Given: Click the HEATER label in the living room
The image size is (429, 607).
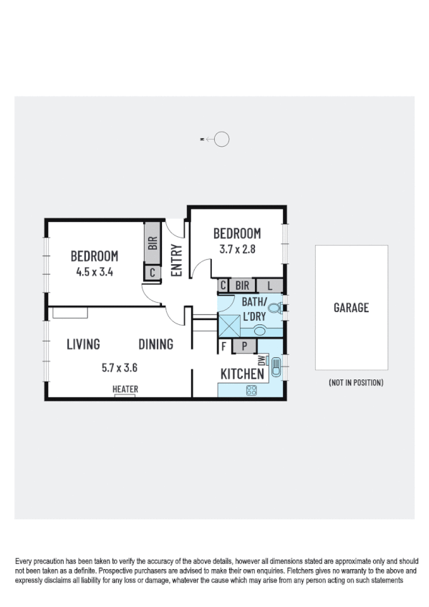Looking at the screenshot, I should [125, 389].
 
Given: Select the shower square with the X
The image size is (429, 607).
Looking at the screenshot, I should [230, 325].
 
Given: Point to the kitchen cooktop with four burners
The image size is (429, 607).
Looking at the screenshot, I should [252, 390].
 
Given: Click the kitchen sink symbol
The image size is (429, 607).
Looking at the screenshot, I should [276, 370].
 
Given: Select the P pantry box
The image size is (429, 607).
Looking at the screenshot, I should [244, 346].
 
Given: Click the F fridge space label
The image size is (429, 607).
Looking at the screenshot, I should [224, 346].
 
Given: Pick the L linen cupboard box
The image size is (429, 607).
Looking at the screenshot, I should [269, 286].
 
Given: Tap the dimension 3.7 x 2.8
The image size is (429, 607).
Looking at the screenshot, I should [237, 250].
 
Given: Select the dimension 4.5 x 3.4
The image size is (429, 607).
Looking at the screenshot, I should [94, 271].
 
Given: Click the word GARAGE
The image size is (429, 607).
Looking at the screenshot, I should [351, 308].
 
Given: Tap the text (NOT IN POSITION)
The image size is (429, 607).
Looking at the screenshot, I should [356, 383].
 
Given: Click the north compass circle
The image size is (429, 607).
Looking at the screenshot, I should [222, 140].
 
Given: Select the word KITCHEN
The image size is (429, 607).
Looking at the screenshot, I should [241, 374].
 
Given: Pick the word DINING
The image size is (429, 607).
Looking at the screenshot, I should [155, 344].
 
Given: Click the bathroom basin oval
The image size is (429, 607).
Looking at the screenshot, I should [259, 331].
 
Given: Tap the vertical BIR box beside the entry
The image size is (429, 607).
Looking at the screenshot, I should [152, 243].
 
